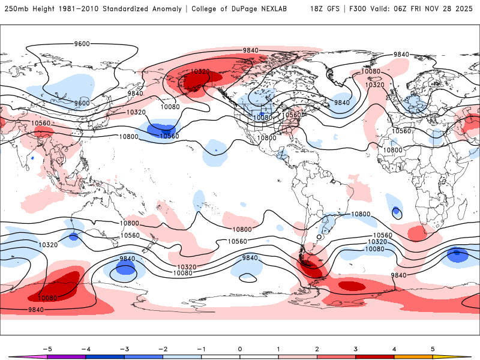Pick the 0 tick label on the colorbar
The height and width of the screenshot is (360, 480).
(x=240, y=348)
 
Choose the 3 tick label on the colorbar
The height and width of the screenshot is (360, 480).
(x=356, y=348)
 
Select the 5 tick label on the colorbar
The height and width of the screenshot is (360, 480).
(x=433, y=348)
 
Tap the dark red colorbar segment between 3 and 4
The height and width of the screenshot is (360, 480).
(x=375, y=356)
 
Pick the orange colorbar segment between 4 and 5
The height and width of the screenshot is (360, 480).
(x=413, y=356)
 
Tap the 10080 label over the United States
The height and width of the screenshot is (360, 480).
(x=262, y=118)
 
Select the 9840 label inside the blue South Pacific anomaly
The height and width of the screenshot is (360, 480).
(x=127, y=259)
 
